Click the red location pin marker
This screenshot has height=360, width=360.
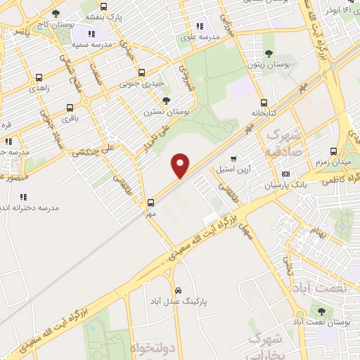tap(181, 165)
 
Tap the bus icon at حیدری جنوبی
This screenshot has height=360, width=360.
tap(142, 72)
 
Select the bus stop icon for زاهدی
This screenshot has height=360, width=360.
tap(38, 78)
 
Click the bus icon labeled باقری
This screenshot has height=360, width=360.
tap(70, 108)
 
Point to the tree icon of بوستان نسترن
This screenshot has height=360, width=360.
tap(166, 101)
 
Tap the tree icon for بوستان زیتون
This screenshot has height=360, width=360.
tap(268, 53)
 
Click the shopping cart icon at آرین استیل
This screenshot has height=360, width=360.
tap(233, 158)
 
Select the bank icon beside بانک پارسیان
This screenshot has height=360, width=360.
tap(285, 174)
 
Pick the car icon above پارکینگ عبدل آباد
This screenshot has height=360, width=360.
tap(179, 290)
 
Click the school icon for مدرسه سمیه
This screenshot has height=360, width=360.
tap(91, 34)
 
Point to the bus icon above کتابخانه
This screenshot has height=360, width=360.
tap(264, 102)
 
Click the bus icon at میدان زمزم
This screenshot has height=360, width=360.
tap(333, 152)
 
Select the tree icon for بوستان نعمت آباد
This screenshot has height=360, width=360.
tap(321, 311)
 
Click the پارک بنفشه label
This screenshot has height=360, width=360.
tap(103, 15)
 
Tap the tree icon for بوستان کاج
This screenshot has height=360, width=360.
tap(56, 13)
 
